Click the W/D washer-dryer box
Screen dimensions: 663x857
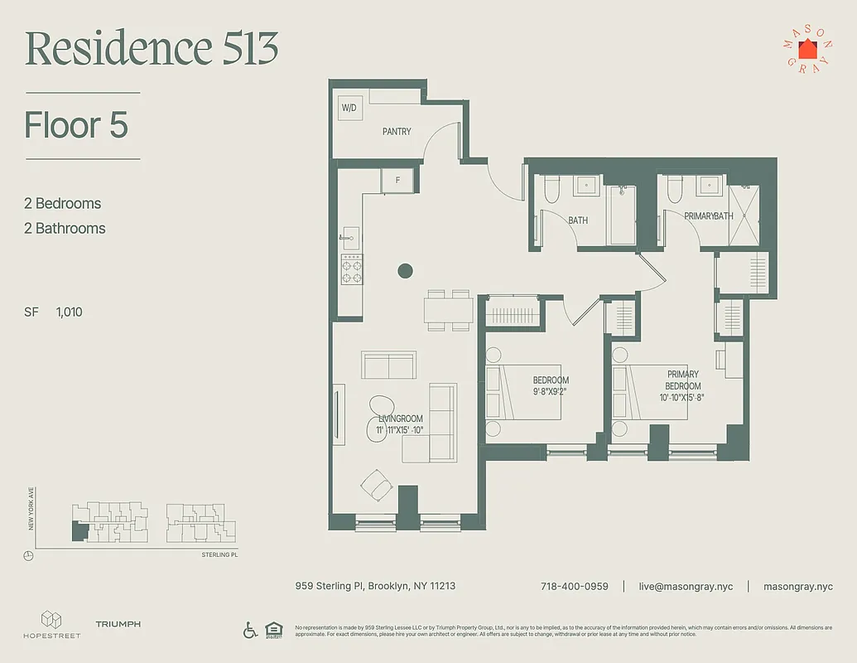tap(348, 109)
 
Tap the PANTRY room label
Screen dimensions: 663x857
tap(397, 132)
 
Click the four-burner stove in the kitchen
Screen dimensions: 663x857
tap(352, 269)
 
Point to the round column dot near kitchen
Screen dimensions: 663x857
tap(405, 270)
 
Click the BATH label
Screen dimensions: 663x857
tap(578, 220)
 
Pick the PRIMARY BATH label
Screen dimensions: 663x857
tap(709, 216)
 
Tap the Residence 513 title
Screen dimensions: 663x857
tap(152, 49)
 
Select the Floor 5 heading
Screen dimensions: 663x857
tap(76, 125)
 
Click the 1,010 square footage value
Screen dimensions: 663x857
tap(70, 312)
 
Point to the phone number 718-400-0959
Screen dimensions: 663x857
tap(574, 586)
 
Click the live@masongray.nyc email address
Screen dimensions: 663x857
tap(685, 586)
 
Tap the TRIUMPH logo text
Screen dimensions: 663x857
tap(118, 624)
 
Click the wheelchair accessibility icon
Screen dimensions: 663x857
tap(250, 630)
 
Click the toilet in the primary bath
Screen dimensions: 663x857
tap(673, 190)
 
